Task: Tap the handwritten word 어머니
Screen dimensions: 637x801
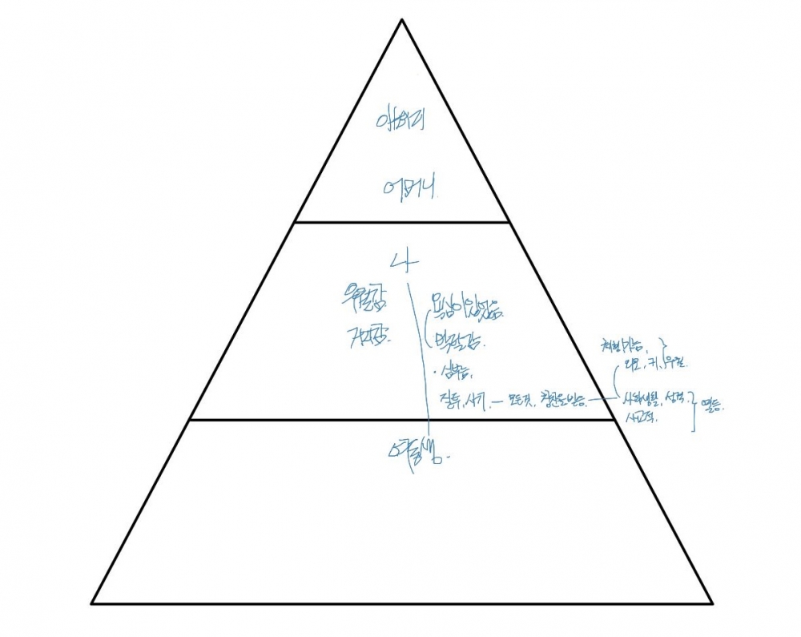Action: tap(409, 189)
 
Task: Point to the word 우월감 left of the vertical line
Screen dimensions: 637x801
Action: tap(364, 302)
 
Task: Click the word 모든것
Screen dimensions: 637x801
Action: tap(517, 398)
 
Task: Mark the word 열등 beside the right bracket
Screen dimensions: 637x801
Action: tap(711, 407)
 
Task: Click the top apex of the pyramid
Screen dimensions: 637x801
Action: tap(401, 19)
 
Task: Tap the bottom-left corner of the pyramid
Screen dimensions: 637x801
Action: tap(91, 603)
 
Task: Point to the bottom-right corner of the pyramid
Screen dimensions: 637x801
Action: tap(712, 603)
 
